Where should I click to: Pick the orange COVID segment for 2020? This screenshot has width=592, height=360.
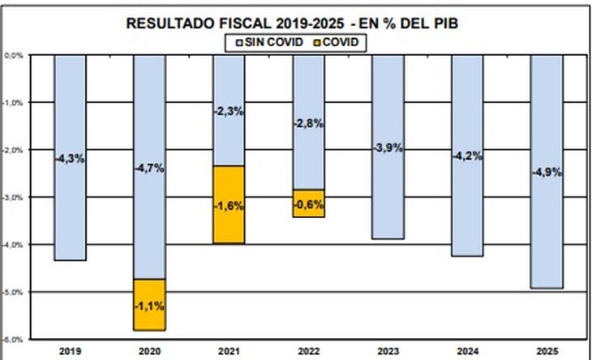tap(149, 304)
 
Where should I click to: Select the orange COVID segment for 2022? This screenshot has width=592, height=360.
tap(308, 204)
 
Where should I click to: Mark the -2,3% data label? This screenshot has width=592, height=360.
tap(229, 111)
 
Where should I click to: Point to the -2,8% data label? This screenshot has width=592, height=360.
tap(308, 123)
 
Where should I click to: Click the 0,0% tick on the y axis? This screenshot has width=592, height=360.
tap(14, 56)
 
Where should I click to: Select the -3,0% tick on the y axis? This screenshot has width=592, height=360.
tap(14, 197)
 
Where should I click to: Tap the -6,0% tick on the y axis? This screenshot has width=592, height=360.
tap(14, 338)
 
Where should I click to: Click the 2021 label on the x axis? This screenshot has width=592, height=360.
tap(229, 351)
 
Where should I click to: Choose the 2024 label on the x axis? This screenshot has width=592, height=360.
tap(467, 351)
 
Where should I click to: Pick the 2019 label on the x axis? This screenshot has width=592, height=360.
tap(70, 351)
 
